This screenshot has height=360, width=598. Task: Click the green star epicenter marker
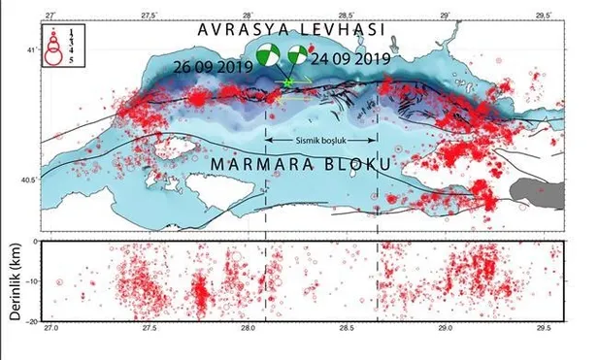(288, 84)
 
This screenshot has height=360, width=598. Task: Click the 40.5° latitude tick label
(29, 180)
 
